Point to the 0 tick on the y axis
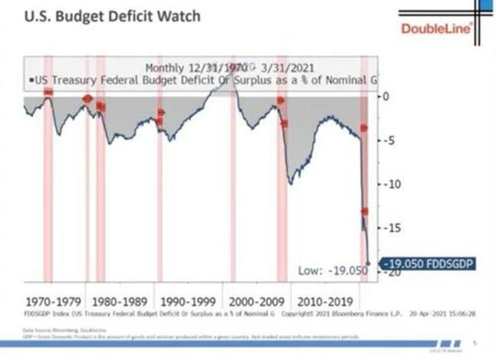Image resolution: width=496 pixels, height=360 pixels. (x=386, y=96)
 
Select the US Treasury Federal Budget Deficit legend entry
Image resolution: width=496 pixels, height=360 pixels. (x=203, y=79)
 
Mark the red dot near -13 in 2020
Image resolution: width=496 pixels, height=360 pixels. (x=365, y=211)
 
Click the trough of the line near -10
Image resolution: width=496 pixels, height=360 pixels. (x=290, y=183)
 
